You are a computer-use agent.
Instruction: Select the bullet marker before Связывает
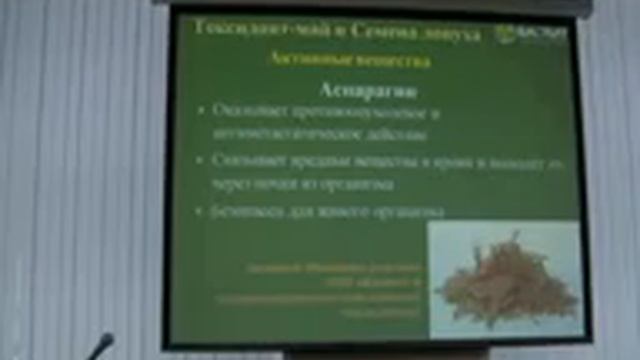click(x=202, y=160)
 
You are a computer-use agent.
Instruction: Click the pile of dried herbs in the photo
click(x=505, y=284)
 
